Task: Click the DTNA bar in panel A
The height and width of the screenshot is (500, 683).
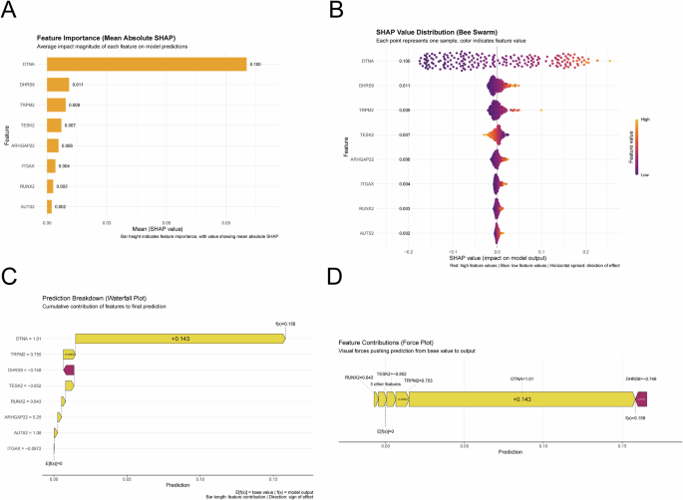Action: [x=146, y=65]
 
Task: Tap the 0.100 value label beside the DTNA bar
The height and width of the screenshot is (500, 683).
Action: [x=255, y=65]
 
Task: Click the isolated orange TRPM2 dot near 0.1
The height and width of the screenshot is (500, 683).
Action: [x=540, y=109]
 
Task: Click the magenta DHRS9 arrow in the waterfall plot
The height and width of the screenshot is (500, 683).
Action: [x=68, y=370]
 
